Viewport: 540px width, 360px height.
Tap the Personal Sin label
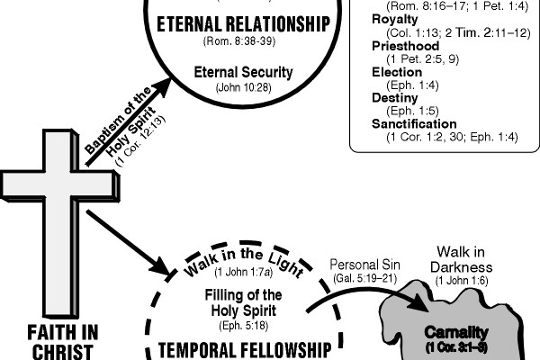click(361, 266)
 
